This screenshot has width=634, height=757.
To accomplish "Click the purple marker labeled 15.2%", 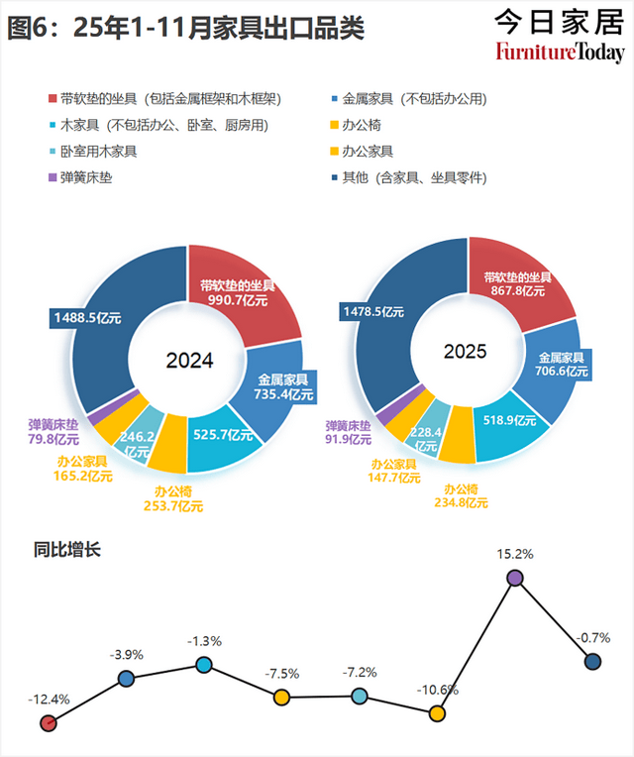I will pyautogui.click(x=514, y=578).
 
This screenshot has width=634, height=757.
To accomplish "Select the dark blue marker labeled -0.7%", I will pyautogui.click(x=592, y=662).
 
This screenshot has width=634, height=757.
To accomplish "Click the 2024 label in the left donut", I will pyautogui.click(x=189, y=361).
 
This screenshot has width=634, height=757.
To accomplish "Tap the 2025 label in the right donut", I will pyautogui.click(x=466, y=352).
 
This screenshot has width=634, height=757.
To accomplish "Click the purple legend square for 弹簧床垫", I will pyautogui.click(x=53, y=178).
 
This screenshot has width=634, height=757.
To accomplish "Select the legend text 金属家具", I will pyautogui.click(x=369, y=99).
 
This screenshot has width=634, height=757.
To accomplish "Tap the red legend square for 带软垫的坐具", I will pyautogui.click(x=53, y=99).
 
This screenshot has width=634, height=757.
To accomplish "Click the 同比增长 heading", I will pyautogui.click(x=67, y=551).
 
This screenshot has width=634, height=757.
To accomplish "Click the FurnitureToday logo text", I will pyautogui.click(x=561, y=52).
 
